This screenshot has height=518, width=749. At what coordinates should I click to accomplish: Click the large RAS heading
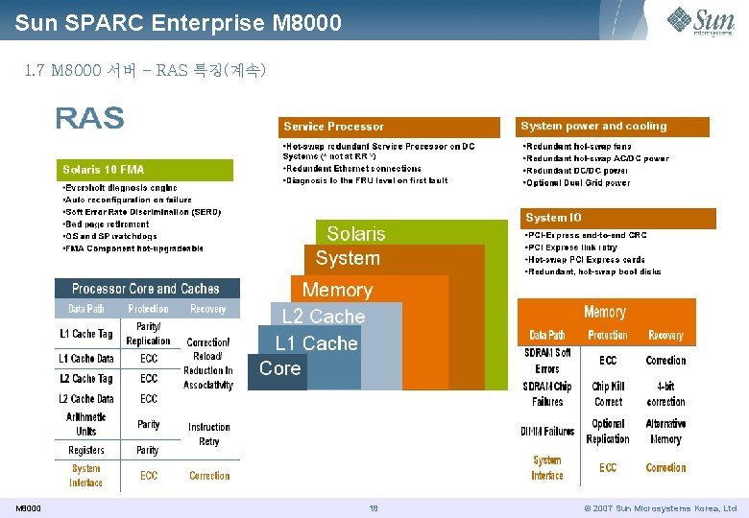pos(89,118)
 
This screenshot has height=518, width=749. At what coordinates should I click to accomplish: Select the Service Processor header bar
pos(389,127)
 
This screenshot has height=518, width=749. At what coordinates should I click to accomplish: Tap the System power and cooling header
pos(614,127)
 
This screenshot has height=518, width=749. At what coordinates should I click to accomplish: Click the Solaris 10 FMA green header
pos(145,170)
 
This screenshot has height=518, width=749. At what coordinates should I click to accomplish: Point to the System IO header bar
pos(617,218)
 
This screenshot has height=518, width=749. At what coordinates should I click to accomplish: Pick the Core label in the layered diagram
pos(279,368)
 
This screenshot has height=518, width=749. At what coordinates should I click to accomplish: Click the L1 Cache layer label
pos(316,343)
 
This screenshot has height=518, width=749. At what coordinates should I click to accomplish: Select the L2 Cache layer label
pos(324,317)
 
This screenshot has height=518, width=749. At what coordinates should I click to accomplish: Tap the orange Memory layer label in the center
pos(337,290)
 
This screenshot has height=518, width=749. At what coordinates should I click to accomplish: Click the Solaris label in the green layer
pos(355,234)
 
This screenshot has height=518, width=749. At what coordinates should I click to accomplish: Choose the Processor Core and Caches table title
pos(146,289)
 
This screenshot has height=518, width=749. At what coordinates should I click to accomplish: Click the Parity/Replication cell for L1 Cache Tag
pos(148,334)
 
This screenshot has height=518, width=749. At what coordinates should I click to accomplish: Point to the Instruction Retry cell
pos(208,435)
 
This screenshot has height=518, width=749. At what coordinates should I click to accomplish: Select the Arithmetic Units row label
pos(86,424)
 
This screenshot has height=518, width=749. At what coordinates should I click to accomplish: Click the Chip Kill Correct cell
pos(608,395)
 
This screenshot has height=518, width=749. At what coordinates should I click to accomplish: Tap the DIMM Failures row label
pos(547,432)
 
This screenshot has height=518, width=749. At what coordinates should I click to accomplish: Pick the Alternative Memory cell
pos(665,432)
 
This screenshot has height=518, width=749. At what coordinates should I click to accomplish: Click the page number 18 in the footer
pos(374,508)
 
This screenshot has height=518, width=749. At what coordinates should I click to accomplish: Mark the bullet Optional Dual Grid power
pos(578,182)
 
